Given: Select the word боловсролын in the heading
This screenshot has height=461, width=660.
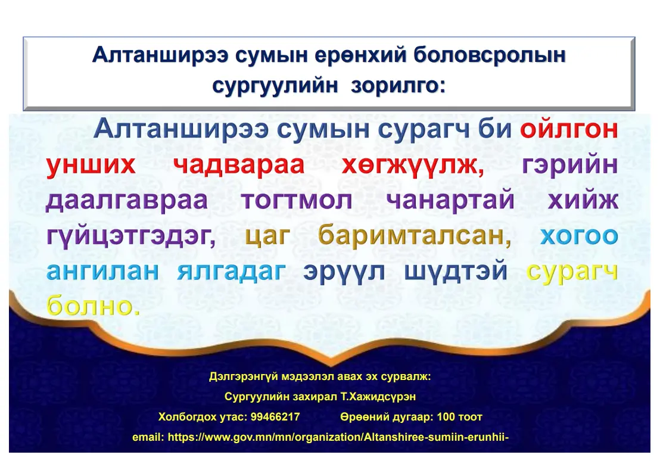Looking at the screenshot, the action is (490, 55).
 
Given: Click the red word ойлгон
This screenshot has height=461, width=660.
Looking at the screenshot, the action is (569, 129).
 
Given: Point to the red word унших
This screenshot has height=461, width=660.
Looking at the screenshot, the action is (91, 165).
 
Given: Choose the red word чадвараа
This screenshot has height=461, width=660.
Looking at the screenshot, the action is (239, 165).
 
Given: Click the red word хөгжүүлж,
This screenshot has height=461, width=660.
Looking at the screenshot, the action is (412, 165).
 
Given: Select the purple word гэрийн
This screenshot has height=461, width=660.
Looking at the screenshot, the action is (570, 165).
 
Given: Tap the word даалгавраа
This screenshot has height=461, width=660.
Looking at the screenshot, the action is (127, 200).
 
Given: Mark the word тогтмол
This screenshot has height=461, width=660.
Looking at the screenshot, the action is (297, 200).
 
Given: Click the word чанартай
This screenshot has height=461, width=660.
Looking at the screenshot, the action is (450, 200).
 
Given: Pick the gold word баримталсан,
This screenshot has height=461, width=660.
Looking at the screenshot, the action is (415, 235).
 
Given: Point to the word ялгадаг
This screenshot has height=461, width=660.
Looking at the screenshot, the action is (231, 272).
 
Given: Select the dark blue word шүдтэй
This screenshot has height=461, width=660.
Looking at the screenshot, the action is (456, 272).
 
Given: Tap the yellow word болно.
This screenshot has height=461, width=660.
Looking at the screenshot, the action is (93, 306).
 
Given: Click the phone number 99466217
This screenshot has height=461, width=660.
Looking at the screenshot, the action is (275, 417).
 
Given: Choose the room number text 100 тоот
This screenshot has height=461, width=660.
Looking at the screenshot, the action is (460, 417).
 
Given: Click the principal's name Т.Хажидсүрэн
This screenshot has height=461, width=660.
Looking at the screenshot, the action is (378, 397).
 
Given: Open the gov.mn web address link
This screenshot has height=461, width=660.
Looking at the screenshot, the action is (338, 437).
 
